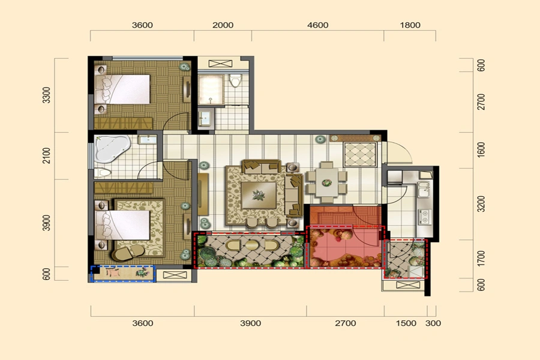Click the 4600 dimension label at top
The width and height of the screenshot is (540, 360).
(317, 25)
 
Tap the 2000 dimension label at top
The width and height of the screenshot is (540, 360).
(223, 25)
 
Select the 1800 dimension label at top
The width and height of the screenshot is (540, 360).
(410, 25)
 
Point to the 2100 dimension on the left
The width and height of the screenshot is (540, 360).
(46, 156)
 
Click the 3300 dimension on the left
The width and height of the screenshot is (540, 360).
(46, 95)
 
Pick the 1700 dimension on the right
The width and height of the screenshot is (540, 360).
(481, 259)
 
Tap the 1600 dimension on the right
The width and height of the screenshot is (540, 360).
(481, 150)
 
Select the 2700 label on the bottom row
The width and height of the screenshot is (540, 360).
(346, 323)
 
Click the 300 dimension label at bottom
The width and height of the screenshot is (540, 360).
(433, 323)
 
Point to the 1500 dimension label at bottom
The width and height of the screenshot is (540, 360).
(406, 323)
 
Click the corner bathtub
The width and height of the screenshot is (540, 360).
(111, 149)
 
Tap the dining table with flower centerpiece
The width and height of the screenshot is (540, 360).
(327, 182)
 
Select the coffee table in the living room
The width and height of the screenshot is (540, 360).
(259, 196)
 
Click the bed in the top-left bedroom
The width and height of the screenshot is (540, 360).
(123, 89)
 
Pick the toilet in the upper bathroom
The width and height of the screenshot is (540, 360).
(236, 80)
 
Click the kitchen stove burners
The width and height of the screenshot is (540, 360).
(425, 217)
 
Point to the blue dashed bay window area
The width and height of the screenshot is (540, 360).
(123, 274)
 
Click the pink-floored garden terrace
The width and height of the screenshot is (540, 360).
(346, 247)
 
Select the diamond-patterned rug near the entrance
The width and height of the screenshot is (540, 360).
(360, 154)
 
